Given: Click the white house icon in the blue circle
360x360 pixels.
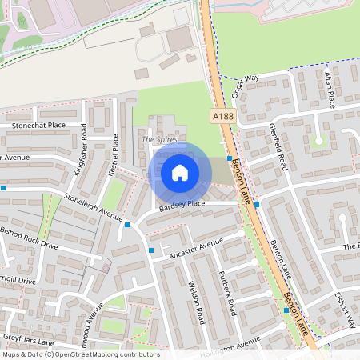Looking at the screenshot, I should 180,173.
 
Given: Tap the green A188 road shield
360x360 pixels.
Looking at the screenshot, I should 222,117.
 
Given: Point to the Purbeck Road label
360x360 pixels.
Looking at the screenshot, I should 228,293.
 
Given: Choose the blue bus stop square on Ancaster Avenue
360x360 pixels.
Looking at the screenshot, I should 151,251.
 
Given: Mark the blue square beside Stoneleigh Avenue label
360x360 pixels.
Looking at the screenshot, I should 127,225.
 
